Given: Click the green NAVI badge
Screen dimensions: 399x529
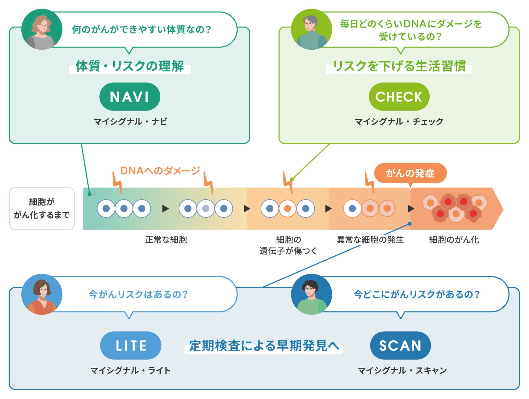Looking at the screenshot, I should pos(130,97).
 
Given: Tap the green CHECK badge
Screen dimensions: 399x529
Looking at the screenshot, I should pos(399,97).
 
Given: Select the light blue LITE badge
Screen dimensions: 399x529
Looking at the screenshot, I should pos(130,345).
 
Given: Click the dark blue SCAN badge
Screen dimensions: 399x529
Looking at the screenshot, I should pos(400,345).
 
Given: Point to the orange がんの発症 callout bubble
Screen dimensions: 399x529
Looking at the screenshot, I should pos(410,173).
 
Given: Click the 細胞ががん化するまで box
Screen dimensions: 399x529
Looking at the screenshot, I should pos(42,208).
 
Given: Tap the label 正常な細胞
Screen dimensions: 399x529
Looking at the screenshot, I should pos(166,240).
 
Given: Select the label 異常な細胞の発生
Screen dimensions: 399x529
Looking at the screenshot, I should pos(370,240).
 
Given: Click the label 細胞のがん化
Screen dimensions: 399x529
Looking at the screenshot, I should pos(454,240).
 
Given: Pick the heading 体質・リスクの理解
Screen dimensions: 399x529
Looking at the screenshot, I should pos(130,66).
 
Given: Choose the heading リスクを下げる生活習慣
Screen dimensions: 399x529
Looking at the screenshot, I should pos(399,66).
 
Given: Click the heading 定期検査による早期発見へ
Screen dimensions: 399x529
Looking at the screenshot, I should pos(264,346).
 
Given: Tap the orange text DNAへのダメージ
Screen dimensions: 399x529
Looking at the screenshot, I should pos(160,171).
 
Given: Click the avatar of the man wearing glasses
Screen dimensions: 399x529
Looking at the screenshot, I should pos(311,294).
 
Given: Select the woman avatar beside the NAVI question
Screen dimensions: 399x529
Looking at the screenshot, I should pos(42,30).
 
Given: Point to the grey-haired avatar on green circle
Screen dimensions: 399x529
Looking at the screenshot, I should pos(311,30).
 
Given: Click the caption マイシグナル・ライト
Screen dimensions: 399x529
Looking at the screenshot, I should pos(130,370).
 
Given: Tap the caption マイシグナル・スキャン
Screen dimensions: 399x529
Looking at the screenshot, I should pos(402,370).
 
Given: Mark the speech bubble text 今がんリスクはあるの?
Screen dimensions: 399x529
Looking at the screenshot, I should pos(138,294).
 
